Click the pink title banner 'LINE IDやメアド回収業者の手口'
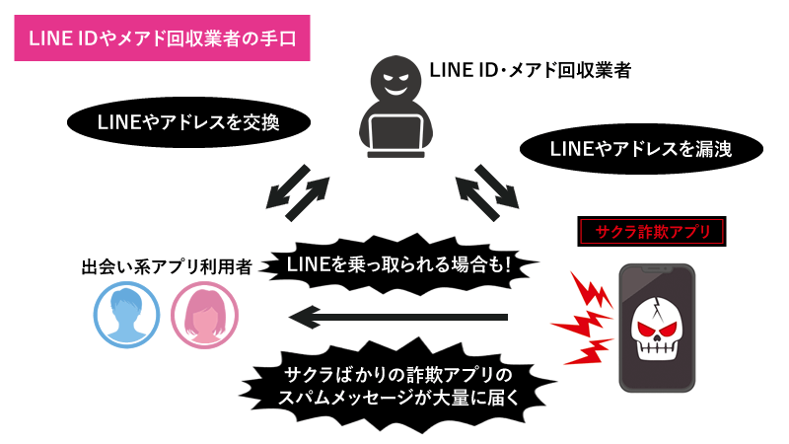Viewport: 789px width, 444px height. [159, 37]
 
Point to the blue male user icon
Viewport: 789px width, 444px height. [125, 315]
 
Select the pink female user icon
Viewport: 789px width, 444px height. [204, 315]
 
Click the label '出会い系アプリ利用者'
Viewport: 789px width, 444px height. [166, 265]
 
